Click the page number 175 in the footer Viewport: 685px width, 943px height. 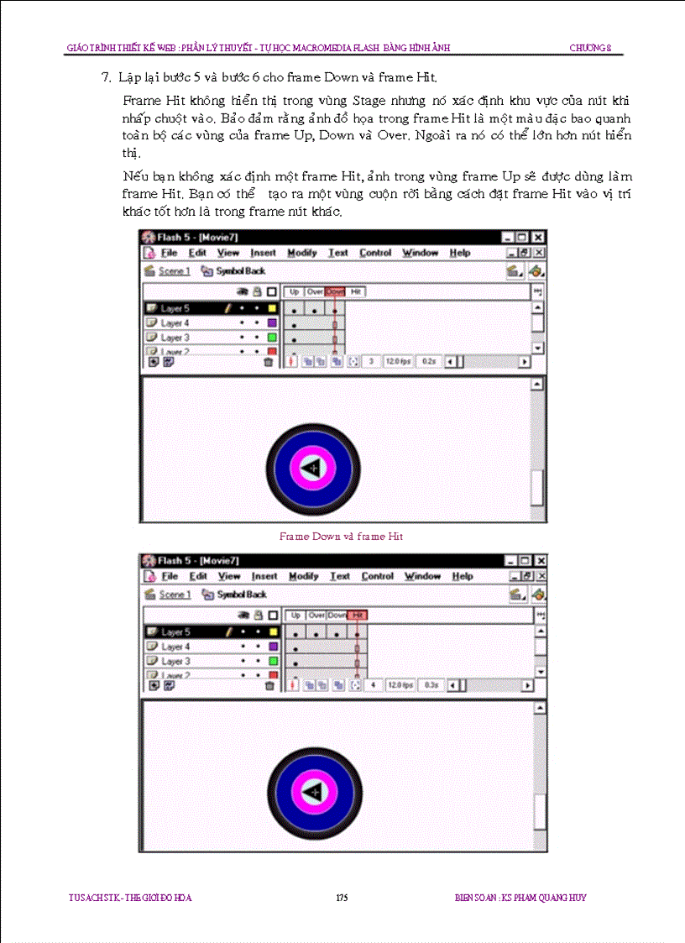[342, 898]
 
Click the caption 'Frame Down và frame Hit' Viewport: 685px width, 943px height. [341, 536]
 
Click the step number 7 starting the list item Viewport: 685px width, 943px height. [106, 78]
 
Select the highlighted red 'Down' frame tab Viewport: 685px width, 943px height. [335, 291]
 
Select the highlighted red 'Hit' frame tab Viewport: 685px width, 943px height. [358, 616]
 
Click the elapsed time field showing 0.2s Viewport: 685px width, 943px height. [429, 361]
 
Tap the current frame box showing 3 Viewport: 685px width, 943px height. [371, 361]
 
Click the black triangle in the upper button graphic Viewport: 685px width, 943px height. [312, 466]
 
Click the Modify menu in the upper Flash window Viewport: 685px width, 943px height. [302, 253]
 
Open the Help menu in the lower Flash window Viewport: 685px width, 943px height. [463, 577]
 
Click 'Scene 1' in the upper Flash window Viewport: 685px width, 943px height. [175, 271]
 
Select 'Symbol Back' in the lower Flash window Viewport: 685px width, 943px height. [242, 595]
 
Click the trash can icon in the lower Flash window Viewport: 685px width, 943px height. [269, 685]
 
